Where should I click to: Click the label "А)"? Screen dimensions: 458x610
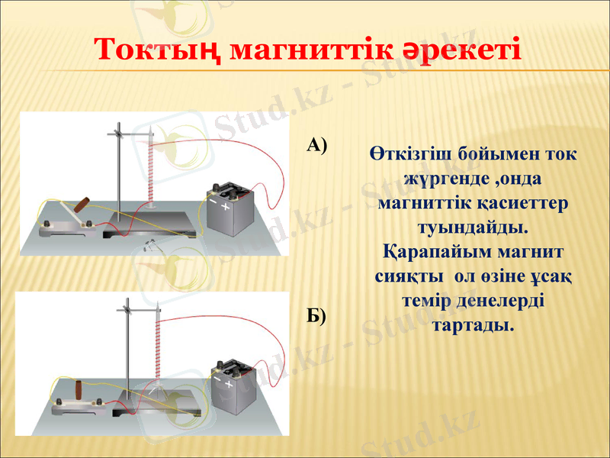tap(317, 145)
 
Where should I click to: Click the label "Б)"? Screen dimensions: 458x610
tap(317, 316)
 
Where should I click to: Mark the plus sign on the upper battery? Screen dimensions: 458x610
tap(225, 207)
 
